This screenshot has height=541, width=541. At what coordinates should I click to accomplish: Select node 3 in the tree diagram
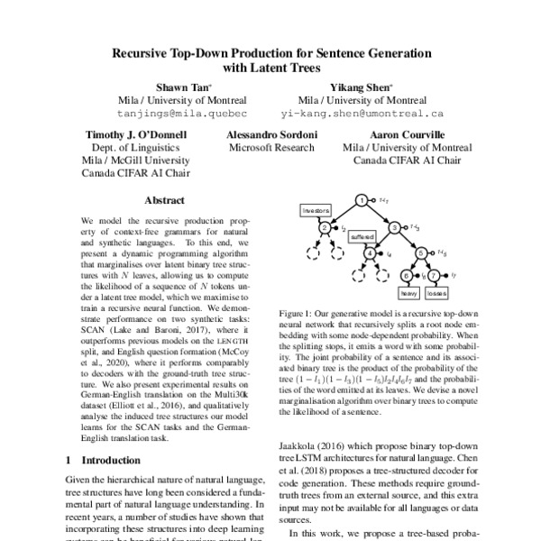[396, 227]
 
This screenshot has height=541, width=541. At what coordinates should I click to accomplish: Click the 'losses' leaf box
[436, 294]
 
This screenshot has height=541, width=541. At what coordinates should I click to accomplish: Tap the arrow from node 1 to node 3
[379, 214]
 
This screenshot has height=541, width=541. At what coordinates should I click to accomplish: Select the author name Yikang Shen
[362, 87]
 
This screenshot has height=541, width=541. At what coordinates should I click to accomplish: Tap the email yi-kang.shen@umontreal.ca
[362, 115]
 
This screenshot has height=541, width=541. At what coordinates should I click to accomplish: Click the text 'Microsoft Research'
[271, 147]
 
